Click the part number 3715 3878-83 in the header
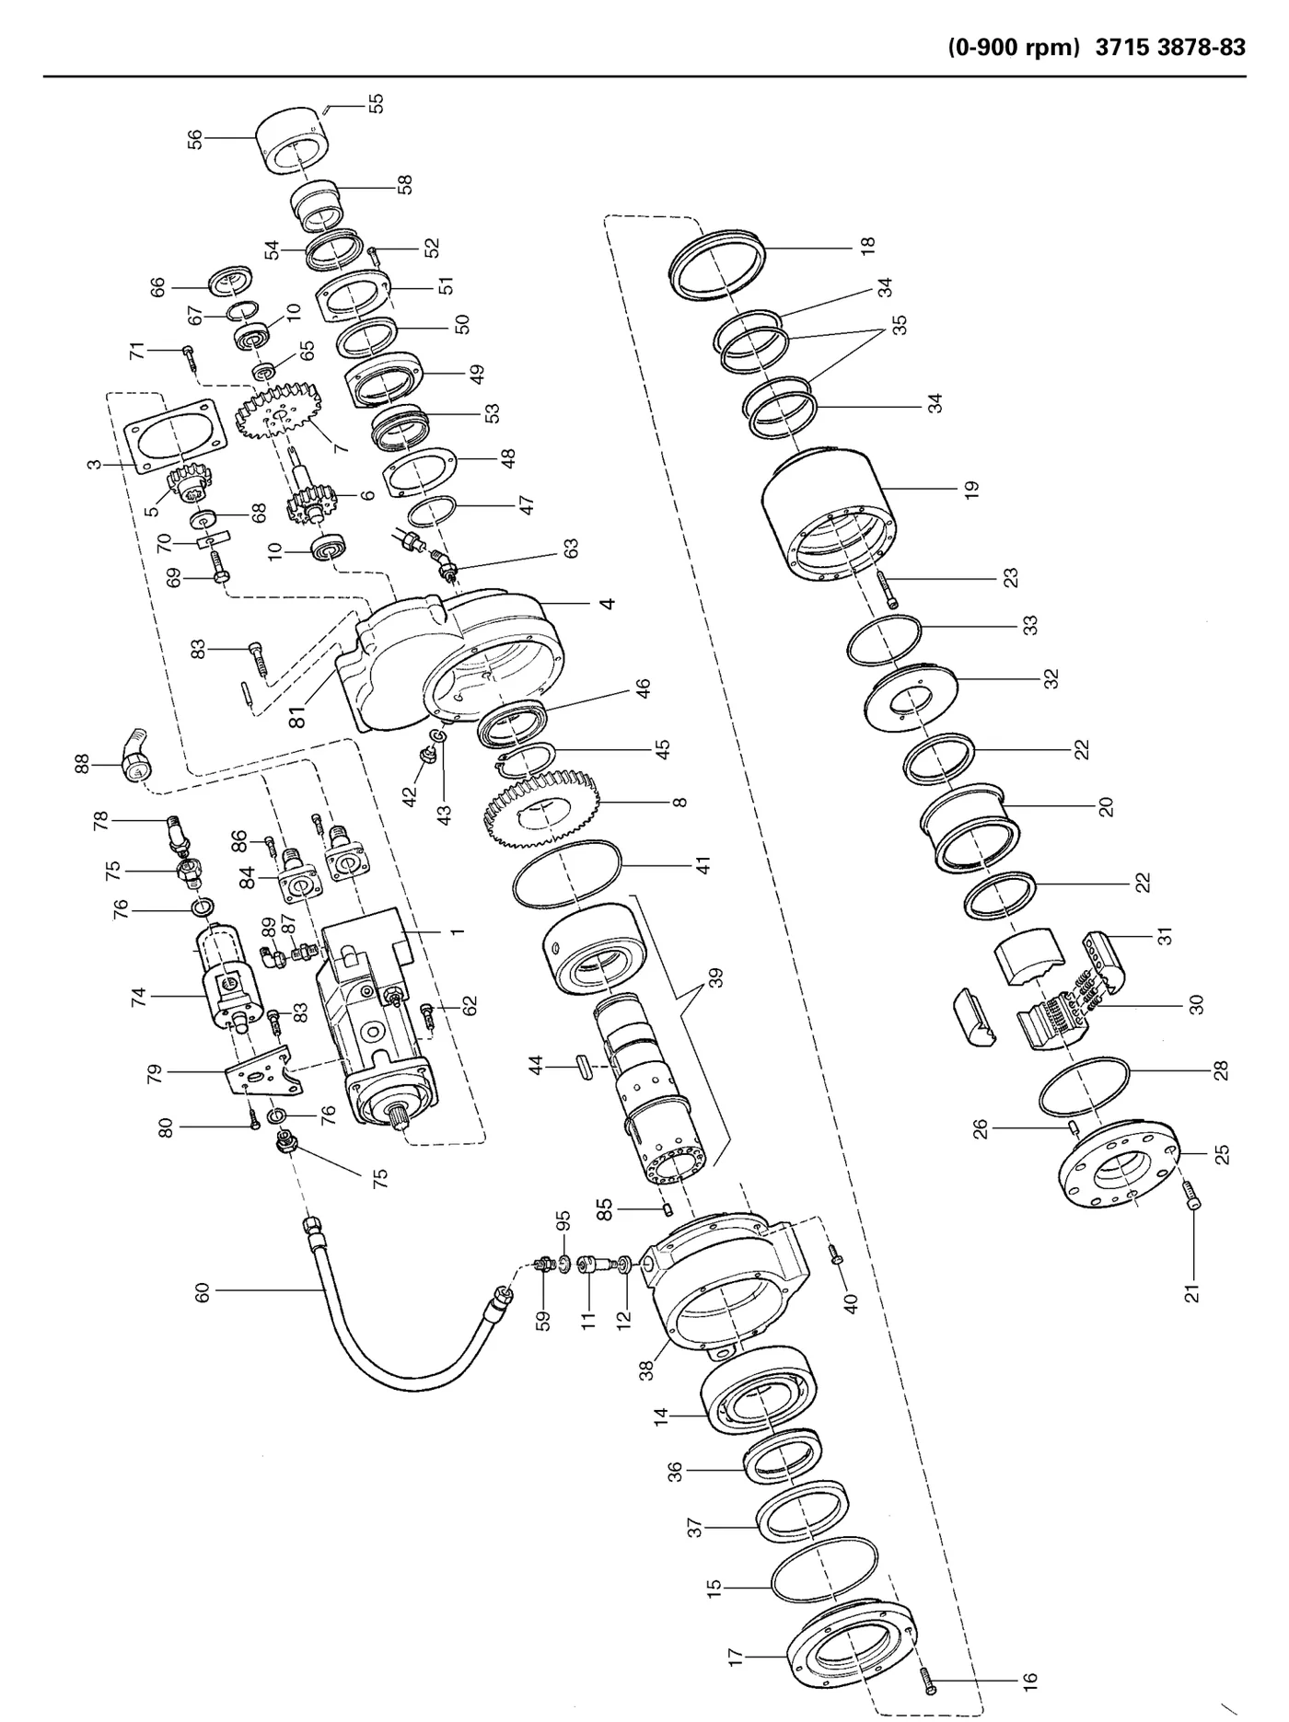click(1170, 48)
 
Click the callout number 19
click(972, 490)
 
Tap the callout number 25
click(1222, 1154)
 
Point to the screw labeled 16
click(928, 1681)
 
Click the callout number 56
click(194, 138)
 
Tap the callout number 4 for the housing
click(607, 604)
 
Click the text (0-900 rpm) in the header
click(1013, 48)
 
